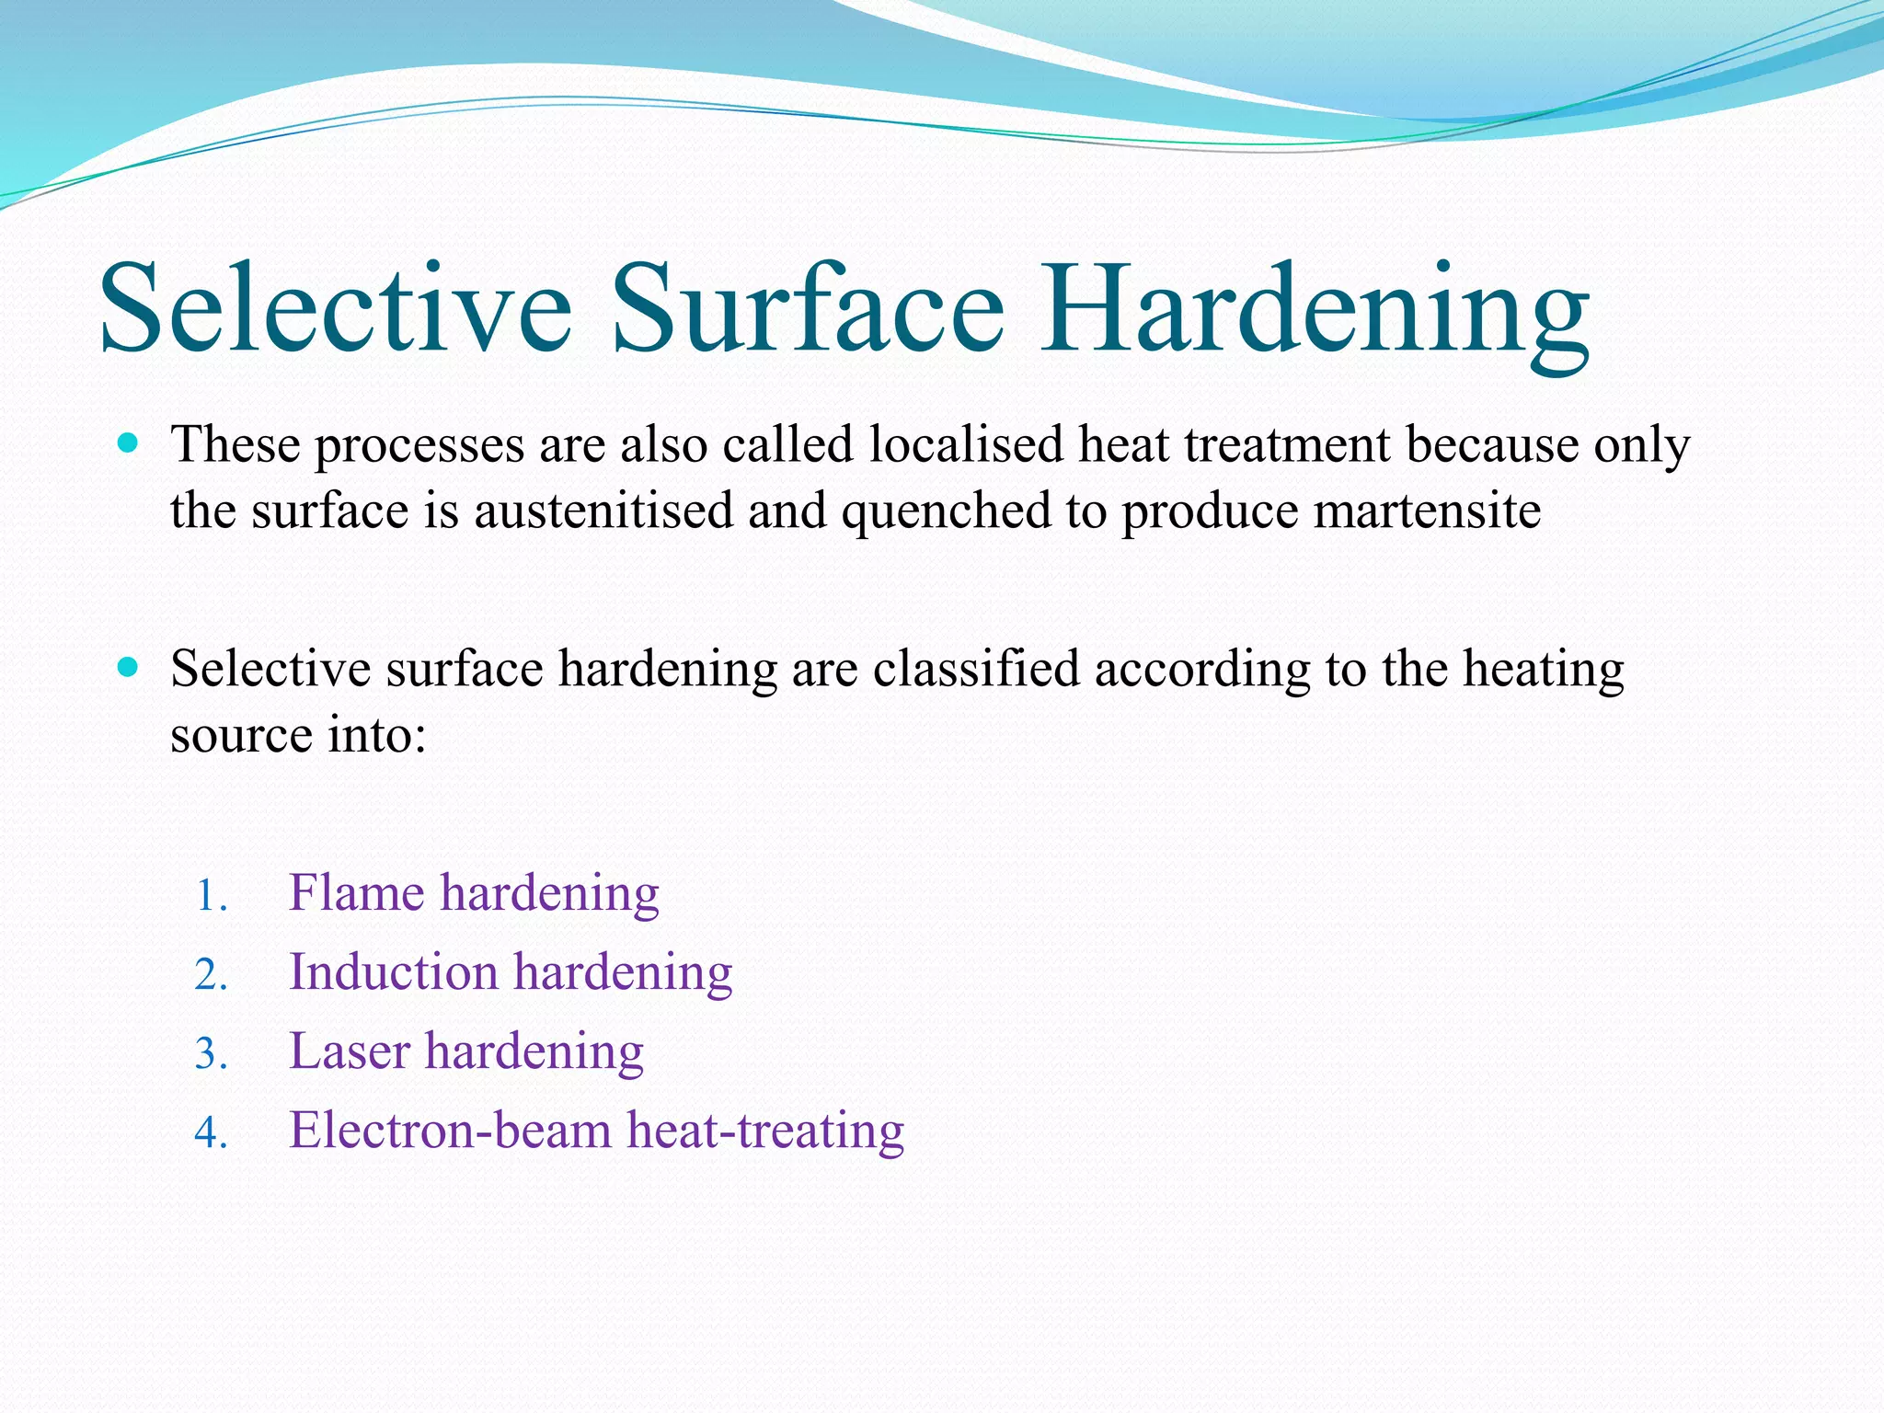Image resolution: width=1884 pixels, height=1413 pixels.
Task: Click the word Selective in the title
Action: (336, 308)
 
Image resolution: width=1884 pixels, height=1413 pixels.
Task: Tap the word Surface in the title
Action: (807, 308)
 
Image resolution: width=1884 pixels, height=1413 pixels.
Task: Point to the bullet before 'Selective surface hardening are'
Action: (129, 667)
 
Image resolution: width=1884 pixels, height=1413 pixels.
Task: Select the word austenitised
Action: (603, 511)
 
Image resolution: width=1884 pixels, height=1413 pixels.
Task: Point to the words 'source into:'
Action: (298, 735)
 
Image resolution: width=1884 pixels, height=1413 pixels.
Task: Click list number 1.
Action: (211, 895)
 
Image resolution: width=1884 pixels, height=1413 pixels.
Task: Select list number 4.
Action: (211, 1132)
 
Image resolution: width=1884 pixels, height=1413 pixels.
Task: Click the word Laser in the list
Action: (350, 1051)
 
